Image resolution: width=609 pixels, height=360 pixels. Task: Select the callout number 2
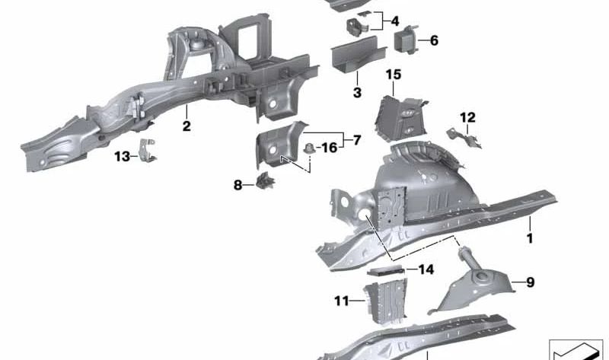click(187, 126)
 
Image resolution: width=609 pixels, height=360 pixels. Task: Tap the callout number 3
click(356, 93)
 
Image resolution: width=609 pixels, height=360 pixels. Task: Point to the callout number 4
click(394, 21)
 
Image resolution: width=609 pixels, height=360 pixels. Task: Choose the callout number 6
click(434, 40)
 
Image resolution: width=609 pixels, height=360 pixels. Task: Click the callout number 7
click(356, 140)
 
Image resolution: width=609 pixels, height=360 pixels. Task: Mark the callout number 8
click(238, 184)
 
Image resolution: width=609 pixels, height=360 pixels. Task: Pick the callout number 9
click(530, 282)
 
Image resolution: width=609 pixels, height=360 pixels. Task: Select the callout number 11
click(341, 301)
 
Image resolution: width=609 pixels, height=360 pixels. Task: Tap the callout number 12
click(467, 117)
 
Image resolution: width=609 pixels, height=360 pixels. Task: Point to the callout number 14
click(425, 269)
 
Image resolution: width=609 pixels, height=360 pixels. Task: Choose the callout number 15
click(393, 74)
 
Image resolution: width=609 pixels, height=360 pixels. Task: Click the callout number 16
click(330, 147)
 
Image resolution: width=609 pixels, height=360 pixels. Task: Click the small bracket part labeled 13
click(148, 151)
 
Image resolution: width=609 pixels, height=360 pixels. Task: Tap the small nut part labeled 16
click(310, 147)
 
